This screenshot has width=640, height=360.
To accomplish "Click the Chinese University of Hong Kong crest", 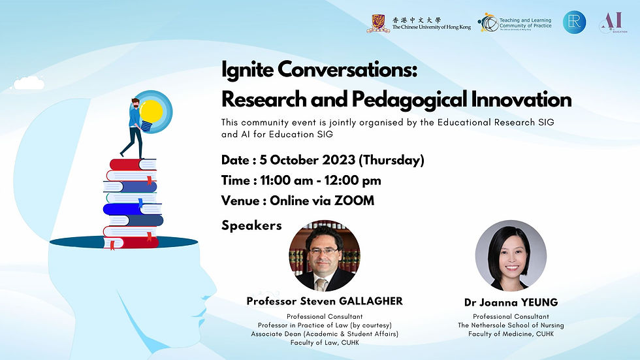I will pyautogui.click(x=378, y=24).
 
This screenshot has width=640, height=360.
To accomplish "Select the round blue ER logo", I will pyautogui.click(x=574, y=22).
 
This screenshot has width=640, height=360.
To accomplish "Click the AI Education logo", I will pyautogui.click(x=609, y=22).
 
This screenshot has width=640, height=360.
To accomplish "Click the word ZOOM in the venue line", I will pyautogui.click(x=353, y=201).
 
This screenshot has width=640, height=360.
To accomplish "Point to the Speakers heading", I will pyautogui.click(x=251, y=225).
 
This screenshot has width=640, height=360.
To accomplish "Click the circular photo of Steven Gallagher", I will pyautogui.click(x=325, y=255).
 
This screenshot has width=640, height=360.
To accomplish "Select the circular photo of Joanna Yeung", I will pyautogui.click(x=510, y=255).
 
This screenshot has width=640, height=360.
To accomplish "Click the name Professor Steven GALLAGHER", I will pyautogui.click(x=325, y=301).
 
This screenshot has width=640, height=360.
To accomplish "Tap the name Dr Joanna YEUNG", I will pyautogui.click(x=510, y=303).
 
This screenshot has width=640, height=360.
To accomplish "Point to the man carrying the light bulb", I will pyautogui.click(x=135, y=127).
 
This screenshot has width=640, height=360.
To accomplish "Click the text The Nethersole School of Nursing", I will pyautogui.click(x=511, y=325).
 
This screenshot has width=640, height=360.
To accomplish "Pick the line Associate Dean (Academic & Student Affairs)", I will pyautogui.click(x=325, y=334).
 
